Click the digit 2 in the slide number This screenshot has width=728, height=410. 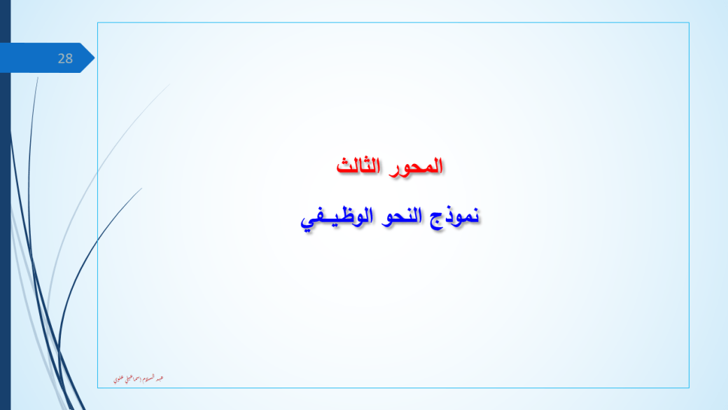coord(61,59)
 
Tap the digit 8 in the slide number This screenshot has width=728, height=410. coord(69,59)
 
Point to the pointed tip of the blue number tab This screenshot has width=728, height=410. coord(94,57)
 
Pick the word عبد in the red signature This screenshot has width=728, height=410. coord(160,378)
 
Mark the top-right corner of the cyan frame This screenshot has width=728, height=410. coord(689,23)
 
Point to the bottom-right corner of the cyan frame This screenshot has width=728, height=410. coord(689,388)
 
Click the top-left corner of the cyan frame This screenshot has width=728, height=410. coord(97,23)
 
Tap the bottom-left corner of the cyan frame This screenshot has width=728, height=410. coord(97,388)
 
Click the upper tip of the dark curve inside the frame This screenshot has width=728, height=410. coord(142,188)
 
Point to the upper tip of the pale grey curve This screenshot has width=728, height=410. coord(169,85)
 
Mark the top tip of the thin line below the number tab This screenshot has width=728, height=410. coord(37,77)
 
